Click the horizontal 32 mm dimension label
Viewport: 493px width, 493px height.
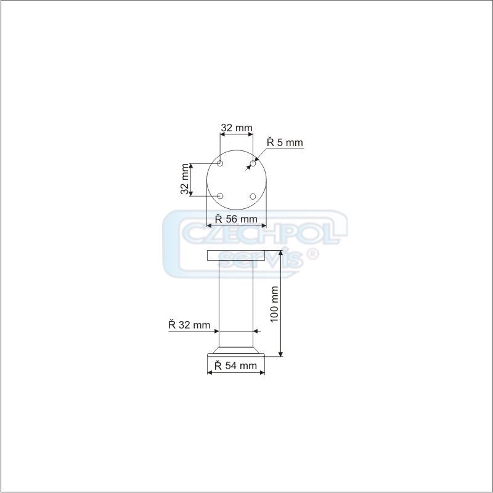(x=237, y=128)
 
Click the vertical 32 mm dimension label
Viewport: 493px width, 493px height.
(x=184, y=179)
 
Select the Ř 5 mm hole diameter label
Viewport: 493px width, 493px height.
(x=285, y=142)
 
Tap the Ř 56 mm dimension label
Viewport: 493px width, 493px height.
(x=236, y=219)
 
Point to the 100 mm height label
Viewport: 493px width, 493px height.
(x=274, y=304)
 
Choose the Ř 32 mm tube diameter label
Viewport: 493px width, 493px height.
(x=189, y=325)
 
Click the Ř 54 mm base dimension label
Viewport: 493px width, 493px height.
(x=236, y=365)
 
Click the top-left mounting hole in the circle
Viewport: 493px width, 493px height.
(x=220, y=163)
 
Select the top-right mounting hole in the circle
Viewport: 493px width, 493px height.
(x=253, y=163)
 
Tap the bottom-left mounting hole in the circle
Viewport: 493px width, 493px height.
(x=220, y=196)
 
